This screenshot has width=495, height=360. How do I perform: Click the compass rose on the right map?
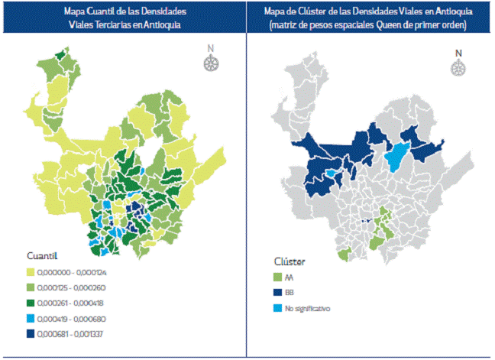point(458,67)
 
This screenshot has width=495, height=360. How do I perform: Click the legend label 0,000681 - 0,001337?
point(79,333)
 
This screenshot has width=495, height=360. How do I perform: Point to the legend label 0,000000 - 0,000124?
point(79,271)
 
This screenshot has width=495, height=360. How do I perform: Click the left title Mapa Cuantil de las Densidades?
point(123,13)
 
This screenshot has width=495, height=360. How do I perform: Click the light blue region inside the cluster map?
point(396,157)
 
